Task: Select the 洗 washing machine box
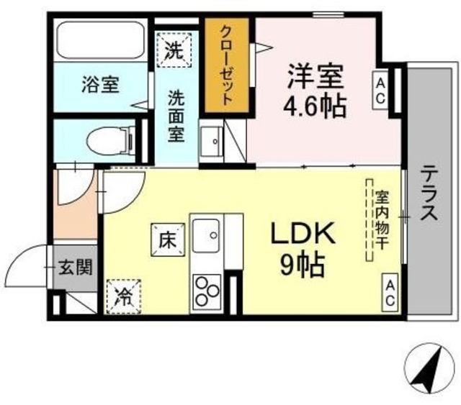click(x=173, y=50)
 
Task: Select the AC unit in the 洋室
click(x=380, y=92)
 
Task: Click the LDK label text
click(x=303, y=234)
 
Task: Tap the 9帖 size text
click(x=303, y=266)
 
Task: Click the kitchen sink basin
click(x=211, y=233)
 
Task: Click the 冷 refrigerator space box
click(x=123, y=296)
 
